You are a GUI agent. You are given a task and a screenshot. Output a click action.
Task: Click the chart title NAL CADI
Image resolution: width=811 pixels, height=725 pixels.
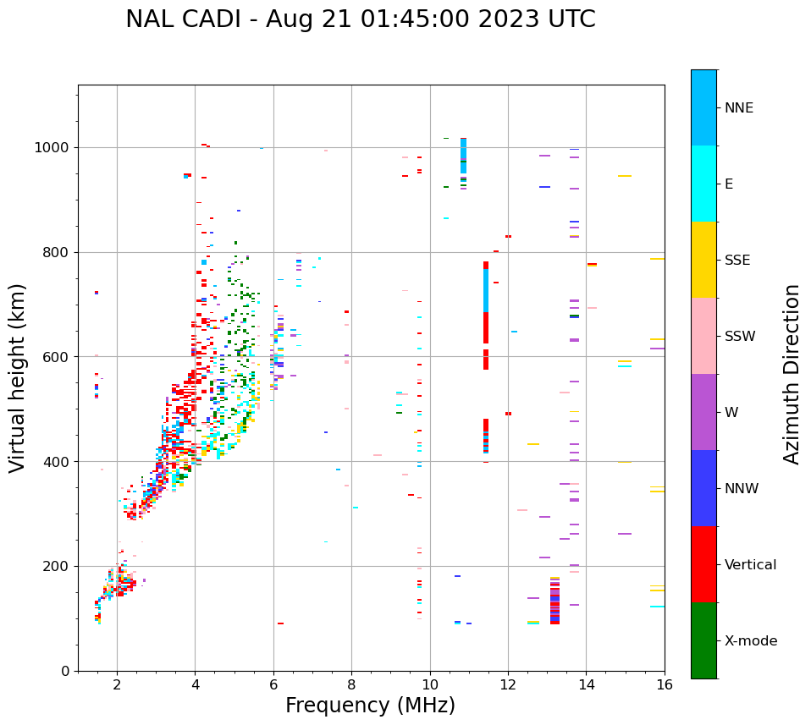click(x=360, y=19)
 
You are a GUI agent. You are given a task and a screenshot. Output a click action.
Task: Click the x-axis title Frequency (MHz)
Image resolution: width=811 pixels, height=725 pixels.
click(x=370, y=706)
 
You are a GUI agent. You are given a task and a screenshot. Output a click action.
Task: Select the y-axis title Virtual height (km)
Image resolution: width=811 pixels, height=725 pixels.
click(x=18, y=378)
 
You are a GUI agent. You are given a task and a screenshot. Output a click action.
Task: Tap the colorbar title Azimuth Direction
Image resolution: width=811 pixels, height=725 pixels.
click(x=792, y=374)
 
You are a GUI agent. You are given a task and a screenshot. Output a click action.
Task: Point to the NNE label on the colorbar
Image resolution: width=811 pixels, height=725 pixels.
click(x=738, y=108)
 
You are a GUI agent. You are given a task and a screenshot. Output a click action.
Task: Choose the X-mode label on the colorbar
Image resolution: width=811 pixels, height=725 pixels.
click(x=750, y=641)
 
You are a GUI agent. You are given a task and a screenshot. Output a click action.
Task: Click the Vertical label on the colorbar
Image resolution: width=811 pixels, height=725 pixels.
click(x=750, y=565)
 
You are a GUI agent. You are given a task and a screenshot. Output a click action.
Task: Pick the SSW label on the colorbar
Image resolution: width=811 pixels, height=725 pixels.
click(x=740, y=337)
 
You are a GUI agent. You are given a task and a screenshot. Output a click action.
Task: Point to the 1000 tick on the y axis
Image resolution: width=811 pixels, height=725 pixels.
click(x=54, y=148)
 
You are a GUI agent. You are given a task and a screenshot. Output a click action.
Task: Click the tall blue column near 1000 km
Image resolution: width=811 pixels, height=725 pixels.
click(x=463, y=156)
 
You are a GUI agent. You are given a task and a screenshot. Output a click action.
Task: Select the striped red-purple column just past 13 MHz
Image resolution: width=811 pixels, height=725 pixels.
click(x=554, y=601)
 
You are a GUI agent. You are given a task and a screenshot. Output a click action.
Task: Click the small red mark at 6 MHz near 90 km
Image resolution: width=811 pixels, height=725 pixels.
click(x=280, y=623)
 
